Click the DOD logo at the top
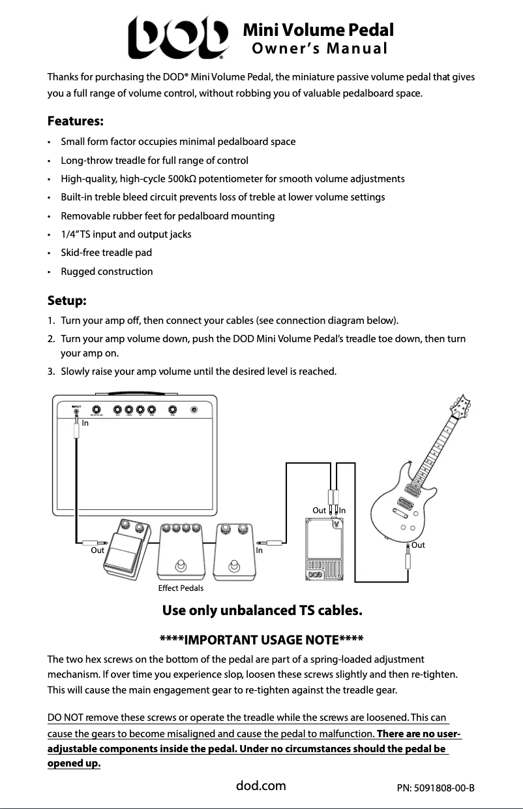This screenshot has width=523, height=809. (178, 38)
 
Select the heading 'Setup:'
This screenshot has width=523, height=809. (67, 300)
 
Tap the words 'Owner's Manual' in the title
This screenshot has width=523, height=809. (320, 49)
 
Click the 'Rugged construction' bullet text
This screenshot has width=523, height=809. (107, 271)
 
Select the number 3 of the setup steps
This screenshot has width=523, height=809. (51, 372)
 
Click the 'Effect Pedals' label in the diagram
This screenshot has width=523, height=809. (181, 588)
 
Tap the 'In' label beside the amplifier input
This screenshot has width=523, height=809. (85, 423)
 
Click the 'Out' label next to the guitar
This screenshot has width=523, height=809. (418, 545)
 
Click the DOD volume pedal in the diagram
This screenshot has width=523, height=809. (324, 548)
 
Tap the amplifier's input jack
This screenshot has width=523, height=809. (76, 410)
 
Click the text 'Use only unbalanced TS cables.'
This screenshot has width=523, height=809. (261, 611)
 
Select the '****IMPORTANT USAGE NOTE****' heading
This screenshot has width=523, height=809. (261, 639)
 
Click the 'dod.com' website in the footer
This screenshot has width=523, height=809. (261, 785)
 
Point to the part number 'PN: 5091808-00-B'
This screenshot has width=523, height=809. (435, 787)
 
